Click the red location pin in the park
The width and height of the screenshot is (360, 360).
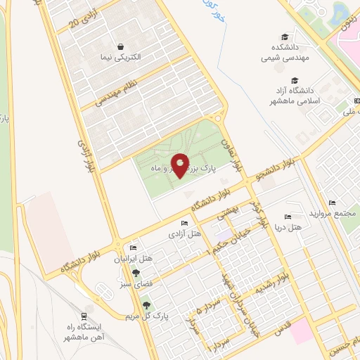[180, 165]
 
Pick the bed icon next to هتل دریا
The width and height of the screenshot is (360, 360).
[286, 217]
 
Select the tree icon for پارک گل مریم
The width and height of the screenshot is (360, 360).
[146, 305]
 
